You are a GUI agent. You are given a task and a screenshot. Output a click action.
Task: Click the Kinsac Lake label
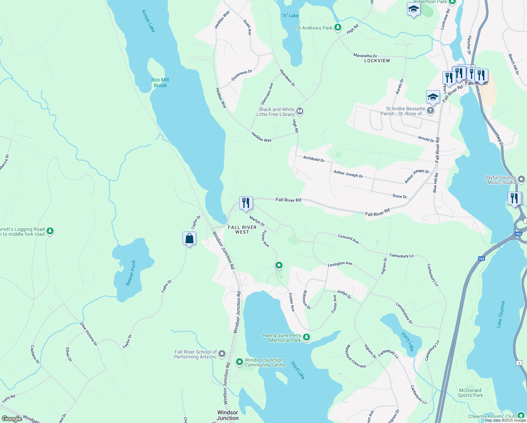[x=148, y=21]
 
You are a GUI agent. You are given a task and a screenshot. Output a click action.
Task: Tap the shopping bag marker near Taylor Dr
[x=189, y=239]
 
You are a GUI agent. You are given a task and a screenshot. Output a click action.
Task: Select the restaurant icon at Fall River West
[x=246, y=203]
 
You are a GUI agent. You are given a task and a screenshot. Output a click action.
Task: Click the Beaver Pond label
[x=131, y=273]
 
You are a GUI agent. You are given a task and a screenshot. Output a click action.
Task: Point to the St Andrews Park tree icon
[x=338, y=27]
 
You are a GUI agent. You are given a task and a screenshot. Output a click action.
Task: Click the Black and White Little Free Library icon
[x=300, y=111]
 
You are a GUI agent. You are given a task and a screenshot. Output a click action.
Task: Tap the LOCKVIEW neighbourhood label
[x=377, y=61]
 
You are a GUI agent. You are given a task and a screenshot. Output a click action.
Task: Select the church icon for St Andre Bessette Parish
[x=430, y=111]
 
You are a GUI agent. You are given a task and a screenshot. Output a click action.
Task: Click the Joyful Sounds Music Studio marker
[x=521, y=179]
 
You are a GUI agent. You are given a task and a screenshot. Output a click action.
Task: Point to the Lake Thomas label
[x=501, y=314]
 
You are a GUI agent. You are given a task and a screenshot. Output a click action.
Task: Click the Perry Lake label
[x=408, y=342]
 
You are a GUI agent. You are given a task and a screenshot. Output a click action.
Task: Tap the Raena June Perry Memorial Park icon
[x=306, y=337]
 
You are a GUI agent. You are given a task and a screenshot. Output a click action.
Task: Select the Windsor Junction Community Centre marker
[x=240, y=362]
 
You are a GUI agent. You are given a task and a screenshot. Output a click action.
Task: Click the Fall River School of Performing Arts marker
[x=222, y=354]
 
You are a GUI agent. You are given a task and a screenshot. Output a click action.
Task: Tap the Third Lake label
[x=298, y=370]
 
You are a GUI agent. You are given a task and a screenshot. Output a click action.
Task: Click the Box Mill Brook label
[x=160, y=82]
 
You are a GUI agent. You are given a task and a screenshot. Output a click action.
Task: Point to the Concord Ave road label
[x=348, y=239]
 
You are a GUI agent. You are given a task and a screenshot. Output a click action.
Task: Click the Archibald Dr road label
[x=314, y=159]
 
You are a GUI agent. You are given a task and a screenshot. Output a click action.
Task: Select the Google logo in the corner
[x=12, y=419]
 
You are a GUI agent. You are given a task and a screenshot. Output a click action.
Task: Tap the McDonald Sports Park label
[x=470, y=393]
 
